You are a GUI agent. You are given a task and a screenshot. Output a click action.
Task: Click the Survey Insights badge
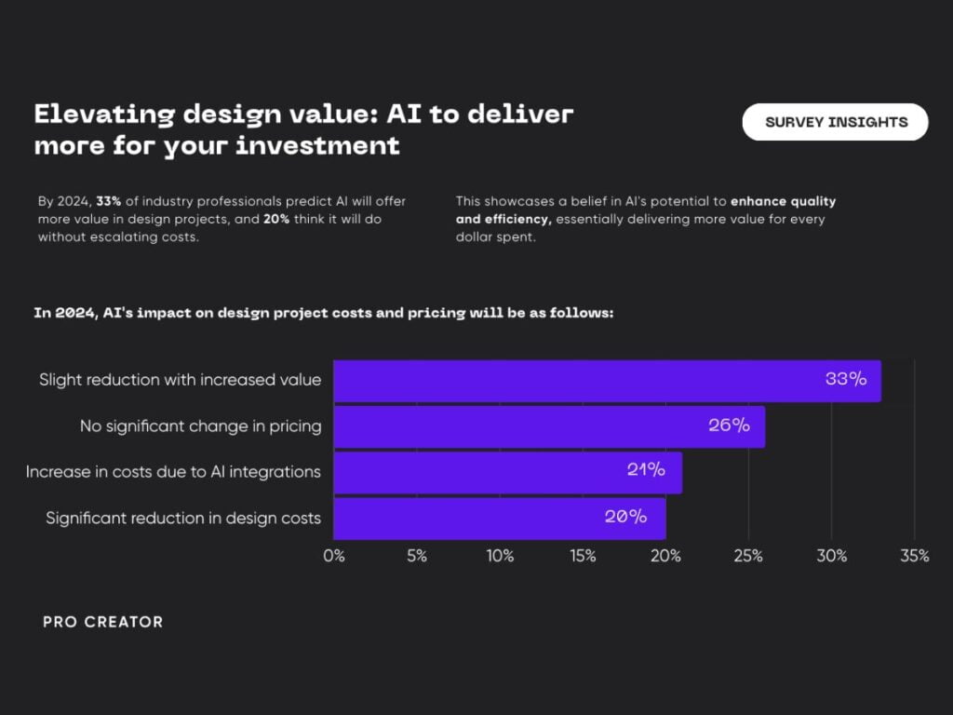835,122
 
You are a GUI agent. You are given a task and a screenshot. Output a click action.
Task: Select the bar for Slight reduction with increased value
607,381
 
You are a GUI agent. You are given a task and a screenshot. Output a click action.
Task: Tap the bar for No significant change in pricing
549,426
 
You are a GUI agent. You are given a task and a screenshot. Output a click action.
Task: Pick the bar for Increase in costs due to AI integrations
508,472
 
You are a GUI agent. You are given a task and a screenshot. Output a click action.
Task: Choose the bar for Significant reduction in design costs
500,519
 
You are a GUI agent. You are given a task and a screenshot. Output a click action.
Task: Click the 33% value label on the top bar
846,379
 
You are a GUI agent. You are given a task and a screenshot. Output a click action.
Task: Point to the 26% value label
729,425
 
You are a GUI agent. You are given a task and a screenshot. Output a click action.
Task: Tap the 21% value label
646,469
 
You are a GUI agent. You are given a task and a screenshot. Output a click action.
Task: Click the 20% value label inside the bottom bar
625,516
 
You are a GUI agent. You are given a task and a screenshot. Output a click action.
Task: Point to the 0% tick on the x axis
334,556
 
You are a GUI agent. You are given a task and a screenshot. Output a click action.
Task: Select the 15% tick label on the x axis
583,556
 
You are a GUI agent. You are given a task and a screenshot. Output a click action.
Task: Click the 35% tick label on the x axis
915,556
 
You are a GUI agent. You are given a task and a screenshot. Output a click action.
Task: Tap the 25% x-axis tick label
748,556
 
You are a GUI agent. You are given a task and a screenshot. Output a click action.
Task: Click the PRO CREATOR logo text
102,622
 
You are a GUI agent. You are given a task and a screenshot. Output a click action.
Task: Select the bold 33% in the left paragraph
109,201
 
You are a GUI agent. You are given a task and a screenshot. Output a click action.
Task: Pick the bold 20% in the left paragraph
276,219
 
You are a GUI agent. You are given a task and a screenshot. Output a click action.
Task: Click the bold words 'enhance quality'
783,201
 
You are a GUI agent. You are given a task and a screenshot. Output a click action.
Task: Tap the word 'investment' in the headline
318,146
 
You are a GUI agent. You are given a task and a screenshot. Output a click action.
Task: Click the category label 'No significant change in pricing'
201,426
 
